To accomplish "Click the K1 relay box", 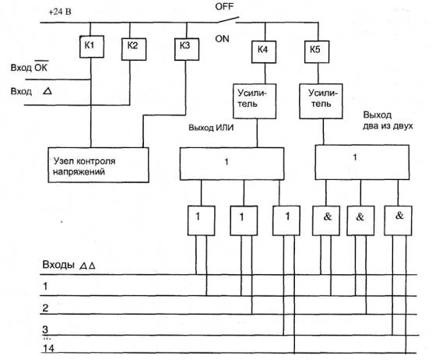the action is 92,47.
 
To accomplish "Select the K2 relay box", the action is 134,49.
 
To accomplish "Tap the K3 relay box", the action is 187,49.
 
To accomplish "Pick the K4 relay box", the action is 264,52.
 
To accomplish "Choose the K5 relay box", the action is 317,52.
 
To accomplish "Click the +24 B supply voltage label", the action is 60,12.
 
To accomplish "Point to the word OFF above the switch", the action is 224,6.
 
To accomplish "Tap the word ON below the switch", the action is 222,39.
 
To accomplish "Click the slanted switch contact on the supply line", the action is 227,19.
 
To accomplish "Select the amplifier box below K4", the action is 255,101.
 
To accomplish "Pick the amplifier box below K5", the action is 321,101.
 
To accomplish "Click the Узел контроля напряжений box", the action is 98,165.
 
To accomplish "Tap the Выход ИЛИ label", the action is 211,128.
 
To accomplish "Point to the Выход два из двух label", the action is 388,120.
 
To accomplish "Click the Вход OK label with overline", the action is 30,66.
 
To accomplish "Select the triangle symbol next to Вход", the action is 47,91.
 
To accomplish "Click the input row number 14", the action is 48,348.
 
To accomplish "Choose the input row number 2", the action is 45,308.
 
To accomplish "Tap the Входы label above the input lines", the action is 58,265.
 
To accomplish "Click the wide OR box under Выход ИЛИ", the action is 232,164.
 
